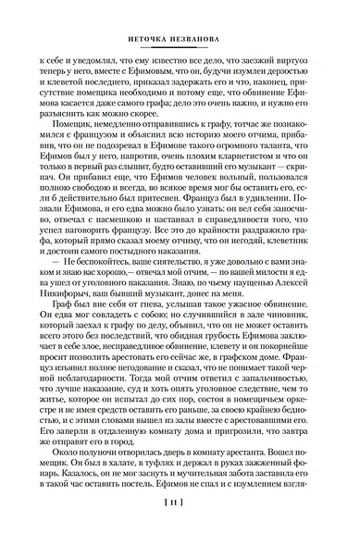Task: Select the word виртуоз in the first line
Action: point(296,58)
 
